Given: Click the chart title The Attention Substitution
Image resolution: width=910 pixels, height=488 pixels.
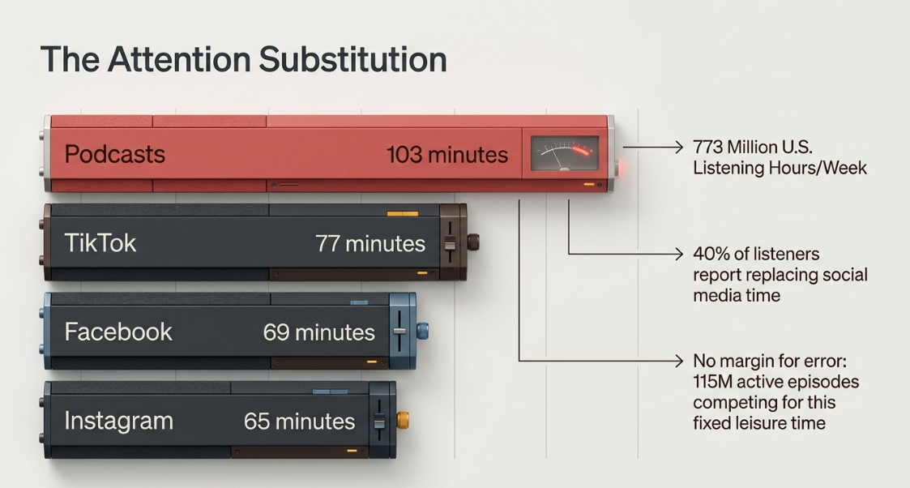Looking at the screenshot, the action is [244, 59].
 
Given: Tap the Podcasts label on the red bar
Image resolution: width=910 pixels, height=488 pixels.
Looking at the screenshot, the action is [115, 154].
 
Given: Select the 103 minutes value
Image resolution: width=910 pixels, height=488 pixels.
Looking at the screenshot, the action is [446, 155].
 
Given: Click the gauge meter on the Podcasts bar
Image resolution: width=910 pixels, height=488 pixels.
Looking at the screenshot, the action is [565, 153].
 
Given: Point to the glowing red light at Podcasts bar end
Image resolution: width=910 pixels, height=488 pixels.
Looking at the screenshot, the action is [619, 169].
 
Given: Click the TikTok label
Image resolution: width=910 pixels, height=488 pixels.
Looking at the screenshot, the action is [100, 242].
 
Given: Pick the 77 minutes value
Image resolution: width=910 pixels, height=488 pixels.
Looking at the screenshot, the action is [370, 244].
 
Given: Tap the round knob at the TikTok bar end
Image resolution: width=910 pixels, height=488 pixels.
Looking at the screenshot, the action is [473, 242].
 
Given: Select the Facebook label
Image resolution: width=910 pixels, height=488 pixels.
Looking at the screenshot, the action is [118, 332].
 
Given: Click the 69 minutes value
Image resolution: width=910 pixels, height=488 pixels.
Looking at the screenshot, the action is [318, 332].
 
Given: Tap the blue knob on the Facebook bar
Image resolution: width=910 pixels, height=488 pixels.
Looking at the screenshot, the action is [422, 331].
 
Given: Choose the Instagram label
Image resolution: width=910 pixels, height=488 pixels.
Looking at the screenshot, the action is [118, 422].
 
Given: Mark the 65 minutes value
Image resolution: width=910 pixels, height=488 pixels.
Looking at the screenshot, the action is [299, 422].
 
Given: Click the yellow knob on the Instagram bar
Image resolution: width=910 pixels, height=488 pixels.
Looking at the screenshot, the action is [403, 420].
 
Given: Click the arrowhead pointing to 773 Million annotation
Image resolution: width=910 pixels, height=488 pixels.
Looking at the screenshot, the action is [679, 148].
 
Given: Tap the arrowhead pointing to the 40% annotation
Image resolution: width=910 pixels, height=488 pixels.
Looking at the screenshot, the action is [679, 254].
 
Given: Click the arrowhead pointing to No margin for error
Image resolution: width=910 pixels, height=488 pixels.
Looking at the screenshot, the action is [679, 361].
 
